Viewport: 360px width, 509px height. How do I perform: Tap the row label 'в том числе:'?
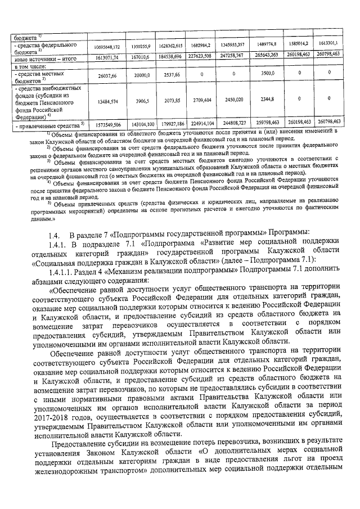29,66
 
